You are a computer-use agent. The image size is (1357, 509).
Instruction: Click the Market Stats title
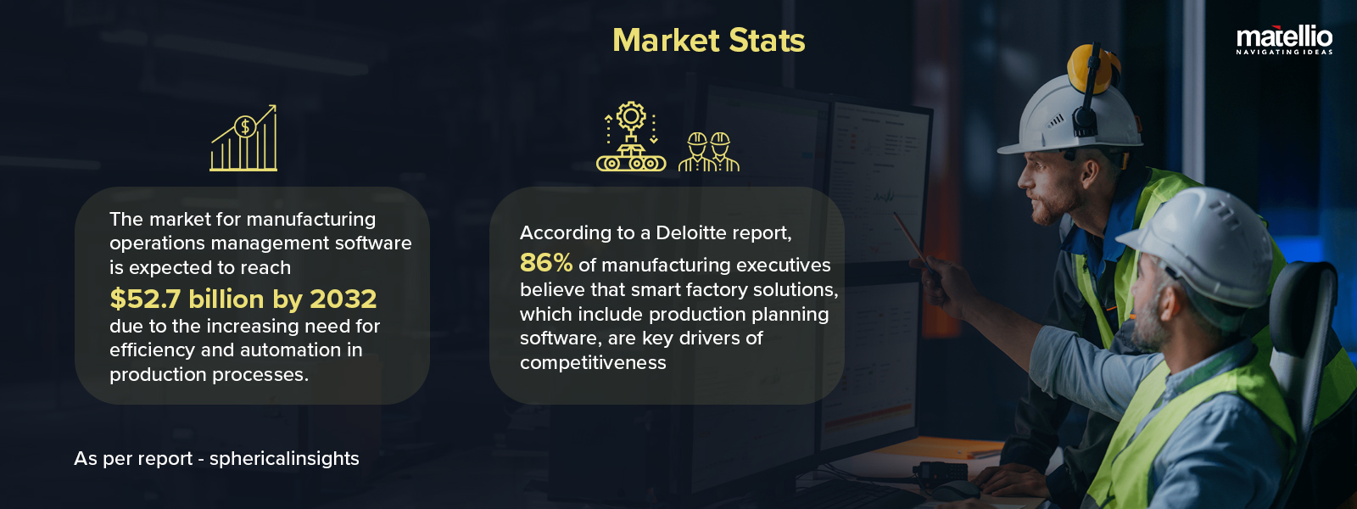[708, 41]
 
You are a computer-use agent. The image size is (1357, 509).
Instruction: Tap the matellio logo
[1284, 37]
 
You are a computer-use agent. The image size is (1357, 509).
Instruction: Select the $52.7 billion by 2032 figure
[243, 299]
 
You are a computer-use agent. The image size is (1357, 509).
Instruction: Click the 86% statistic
[545, 263]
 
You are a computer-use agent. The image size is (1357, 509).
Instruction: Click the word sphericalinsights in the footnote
[284, 458]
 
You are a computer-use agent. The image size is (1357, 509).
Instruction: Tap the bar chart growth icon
[244, 139]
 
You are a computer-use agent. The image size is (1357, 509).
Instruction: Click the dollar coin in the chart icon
[245, 127]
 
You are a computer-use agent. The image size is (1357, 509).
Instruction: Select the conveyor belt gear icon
[631, 137]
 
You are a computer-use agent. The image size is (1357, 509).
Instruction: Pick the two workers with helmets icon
[709, 152]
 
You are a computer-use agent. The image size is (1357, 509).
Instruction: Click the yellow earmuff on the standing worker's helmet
[1091, 68]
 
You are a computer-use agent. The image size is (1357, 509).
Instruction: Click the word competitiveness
[593, 362]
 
